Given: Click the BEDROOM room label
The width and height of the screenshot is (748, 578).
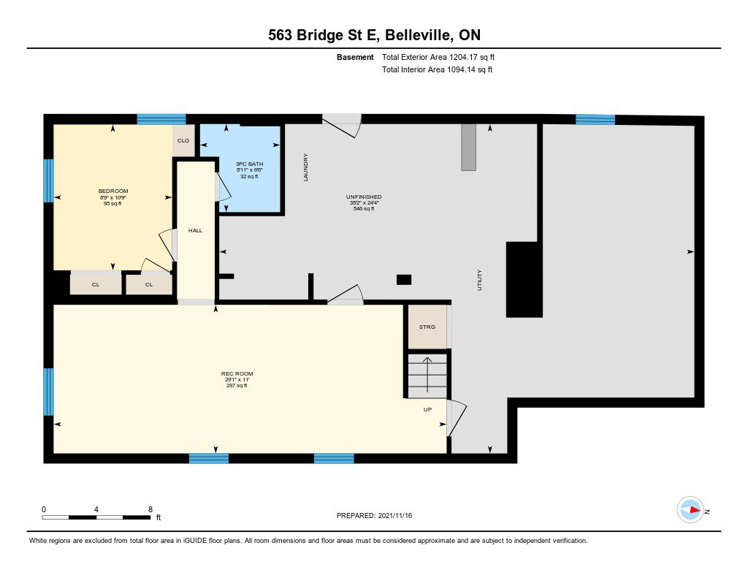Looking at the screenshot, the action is (113, 191).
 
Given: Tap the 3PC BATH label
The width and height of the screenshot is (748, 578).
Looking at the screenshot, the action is (249, 164).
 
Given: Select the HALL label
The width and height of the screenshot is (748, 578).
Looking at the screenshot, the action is (195, 230).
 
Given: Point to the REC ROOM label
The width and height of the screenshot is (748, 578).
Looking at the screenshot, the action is (237, 373).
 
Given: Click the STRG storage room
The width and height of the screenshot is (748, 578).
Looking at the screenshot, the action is (427, 327).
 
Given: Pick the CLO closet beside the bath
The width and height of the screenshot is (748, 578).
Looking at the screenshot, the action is (183, 140).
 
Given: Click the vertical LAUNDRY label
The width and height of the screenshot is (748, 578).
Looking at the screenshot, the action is (306, 167).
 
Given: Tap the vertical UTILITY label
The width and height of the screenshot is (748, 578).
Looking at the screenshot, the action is (479, 280).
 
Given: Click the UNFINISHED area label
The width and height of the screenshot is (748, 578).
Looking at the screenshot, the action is (364, 197).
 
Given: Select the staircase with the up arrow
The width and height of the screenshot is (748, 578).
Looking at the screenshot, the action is (427, 376).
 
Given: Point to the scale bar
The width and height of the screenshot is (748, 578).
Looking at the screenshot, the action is (96, 517).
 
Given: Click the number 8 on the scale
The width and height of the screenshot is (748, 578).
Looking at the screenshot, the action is (150, 509).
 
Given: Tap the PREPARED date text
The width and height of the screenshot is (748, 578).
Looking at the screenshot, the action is (374, 515).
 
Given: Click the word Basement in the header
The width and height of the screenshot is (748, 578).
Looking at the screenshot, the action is (355, 57).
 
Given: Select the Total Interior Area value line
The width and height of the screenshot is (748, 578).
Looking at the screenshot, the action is (437, 69).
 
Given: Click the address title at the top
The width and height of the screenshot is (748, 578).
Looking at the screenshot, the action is (374, 35).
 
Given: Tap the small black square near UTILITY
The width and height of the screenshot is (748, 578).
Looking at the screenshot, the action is (404, 280).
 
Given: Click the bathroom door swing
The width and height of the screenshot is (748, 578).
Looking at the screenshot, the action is (222, 187).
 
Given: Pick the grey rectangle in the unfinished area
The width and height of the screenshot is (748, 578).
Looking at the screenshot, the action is (468, 148).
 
